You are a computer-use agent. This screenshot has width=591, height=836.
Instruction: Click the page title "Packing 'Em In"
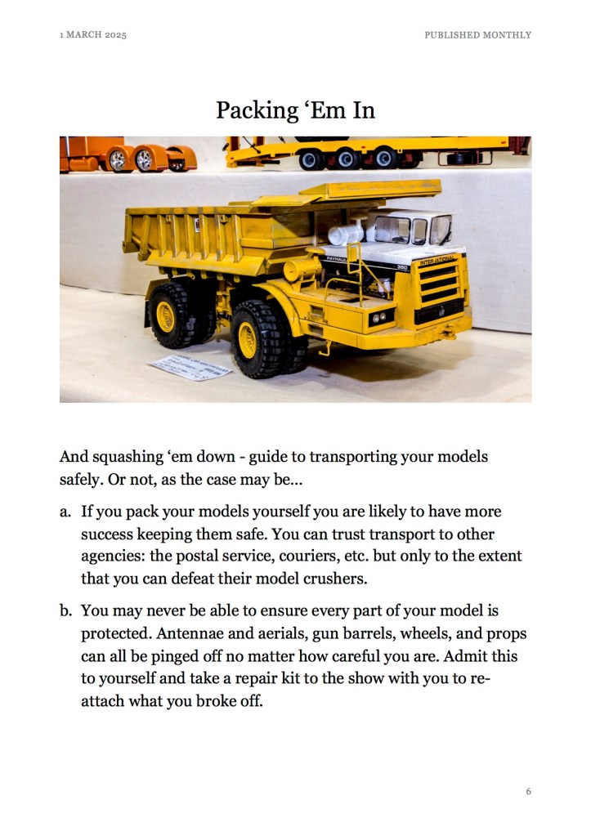point(295,110)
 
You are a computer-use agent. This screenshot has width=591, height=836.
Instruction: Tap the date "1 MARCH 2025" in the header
point(93,35)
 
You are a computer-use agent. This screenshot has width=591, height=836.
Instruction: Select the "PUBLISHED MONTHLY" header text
point(477,35)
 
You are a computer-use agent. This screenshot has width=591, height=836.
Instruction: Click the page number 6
point(528,791)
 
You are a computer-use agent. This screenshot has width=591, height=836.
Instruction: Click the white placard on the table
point(189,367)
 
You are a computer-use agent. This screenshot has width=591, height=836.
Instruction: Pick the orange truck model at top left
point(128,154)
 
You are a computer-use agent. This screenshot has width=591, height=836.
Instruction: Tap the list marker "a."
point(65,512)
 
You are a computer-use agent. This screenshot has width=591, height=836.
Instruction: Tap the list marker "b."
point(65,612)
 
